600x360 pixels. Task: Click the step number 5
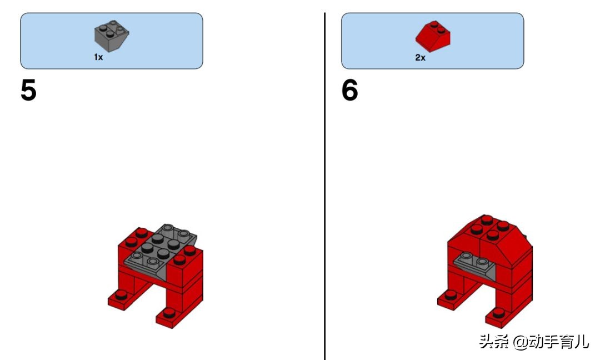coord(28,91)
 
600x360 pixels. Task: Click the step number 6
coord(349,91)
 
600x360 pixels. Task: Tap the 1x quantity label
coord(98,58)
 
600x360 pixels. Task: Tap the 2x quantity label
coord(420,58)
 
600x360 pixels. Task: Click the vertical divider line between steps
coord(324,183)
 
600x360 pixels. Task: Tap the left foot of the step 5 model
coord(123,298)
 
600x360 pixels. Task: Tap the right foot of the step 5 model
coord(172,317)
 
